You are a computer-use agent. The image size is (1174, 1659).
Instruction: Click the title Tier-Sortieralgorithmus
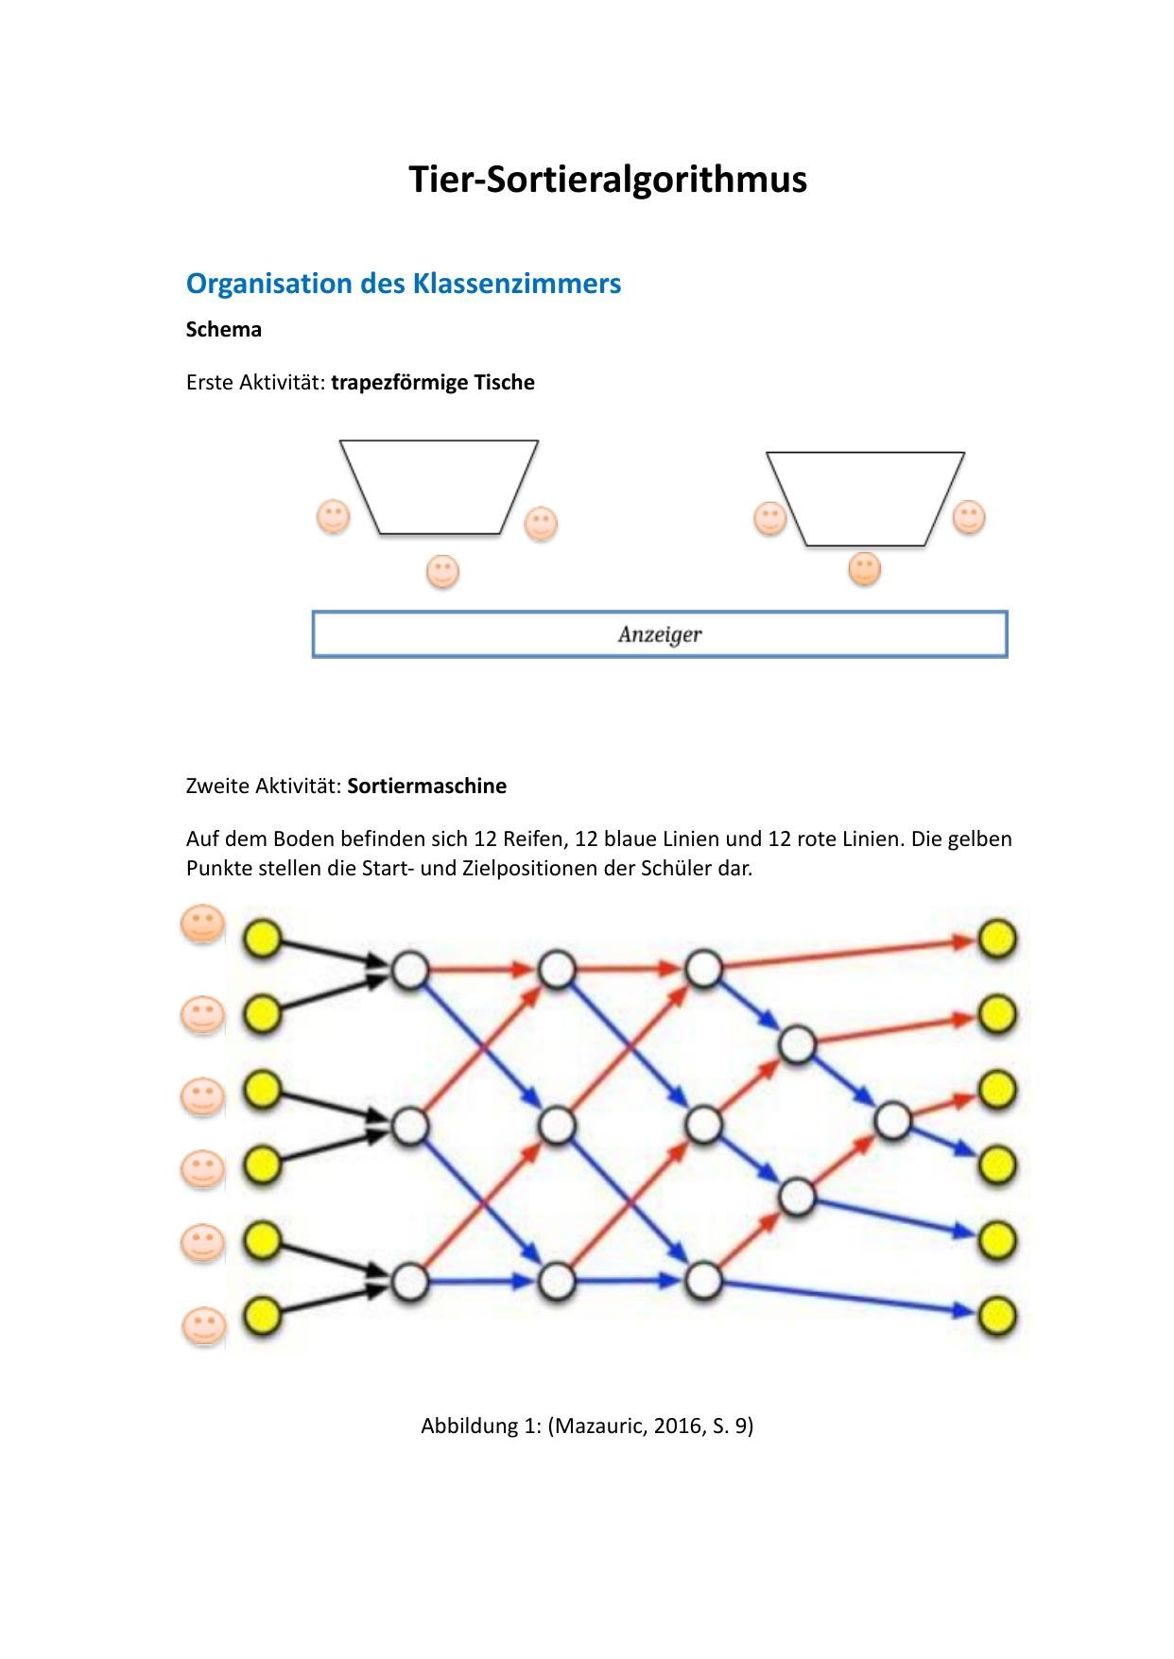tap(607, 179)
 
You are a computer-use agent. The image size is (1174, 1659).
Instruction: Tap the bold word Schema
tap(224, 330)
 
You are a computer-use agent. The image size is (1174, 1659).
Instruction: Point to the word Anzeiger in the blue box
tap(660, 634)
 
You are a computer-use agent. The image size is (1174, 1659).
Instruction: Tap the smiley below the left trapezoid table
tap(442, 572)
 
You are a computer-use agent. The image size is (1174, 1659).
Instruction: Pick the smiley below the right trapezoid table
tap(864, 569)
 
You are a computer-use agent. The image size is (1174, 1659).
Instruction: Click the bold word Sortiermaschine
tap(427, 786)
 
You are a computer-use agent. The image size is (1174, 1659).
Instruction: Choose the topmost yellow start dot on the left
tap(263, 940)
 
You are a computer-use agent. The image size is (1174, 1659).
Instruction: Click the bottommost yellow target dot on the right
tap(997, 1315)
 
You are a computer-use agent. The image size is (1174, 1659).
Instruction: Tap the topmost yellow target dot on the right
tap(997, 940)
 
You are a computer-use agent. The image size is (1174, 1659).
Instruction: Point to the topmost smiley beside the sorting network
tap(202, 925)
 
